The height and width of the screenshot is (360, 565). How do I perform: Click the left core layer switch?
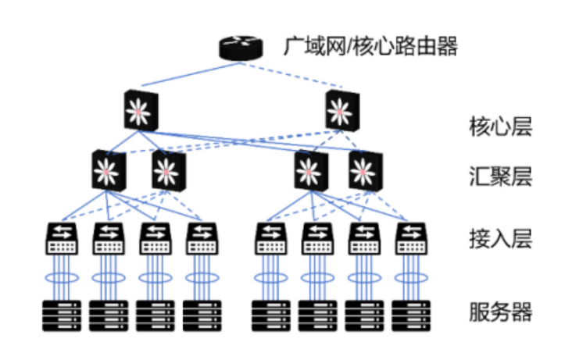(x=141, y=110)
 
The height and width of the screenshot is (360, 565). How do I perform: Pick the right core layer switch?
(x=342, y=110)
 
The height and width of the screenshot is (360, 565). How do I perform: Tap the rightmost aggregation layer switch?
(x=365, y=169)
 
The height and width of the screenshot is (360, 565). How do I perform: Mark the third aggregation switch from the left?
(x=310, y=169)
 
